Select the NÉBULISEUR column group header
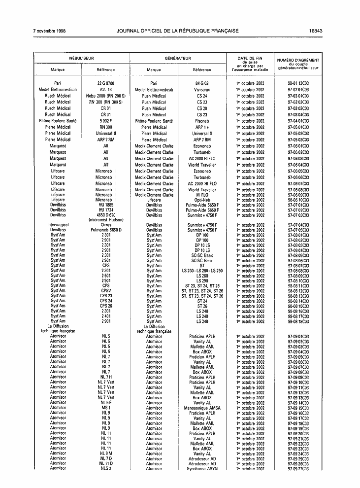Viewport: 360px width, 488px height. [x=81, y=58]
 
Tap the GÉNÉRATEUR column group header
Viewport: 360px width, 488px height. [x=178, y=58]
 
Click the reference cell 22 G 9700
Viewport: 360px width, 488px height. [x=106, y=83]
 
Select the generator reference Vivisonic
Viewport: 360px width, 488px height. [x=202, y=90]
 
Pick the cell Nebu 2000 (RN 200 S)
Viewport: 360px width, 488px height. [x=106, y=96]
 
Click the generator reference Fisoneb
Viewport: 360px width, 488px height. [x=202, y=121]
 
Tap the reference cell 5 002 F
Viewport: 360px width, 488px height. [x=106, y=121]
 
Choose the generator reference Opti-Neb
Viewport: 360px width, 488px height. [x=202, y=200]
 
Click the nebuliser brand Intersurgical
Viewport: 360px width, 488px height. [x=58, y=225]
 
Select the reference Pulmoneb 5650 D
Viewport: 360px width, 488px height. [x=106, y=230]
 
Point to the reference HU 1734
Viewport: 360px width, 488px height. [x=106, y=210]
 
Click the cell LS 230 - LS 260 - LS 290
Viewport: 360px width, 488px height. [x=202, y=271]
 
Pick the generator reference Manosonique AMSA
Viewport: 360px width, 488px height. [x=202, y=408]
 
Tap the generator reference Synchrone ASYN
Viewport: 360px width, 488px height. [x=202, y=469]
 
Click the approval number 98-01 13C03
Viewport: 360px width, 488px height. [x=298, y=83]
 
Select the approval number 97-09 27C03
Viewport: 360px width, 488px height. [x=298, y=469]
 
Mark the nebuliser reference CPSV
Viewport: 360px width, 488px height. [x=106, y=291]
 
